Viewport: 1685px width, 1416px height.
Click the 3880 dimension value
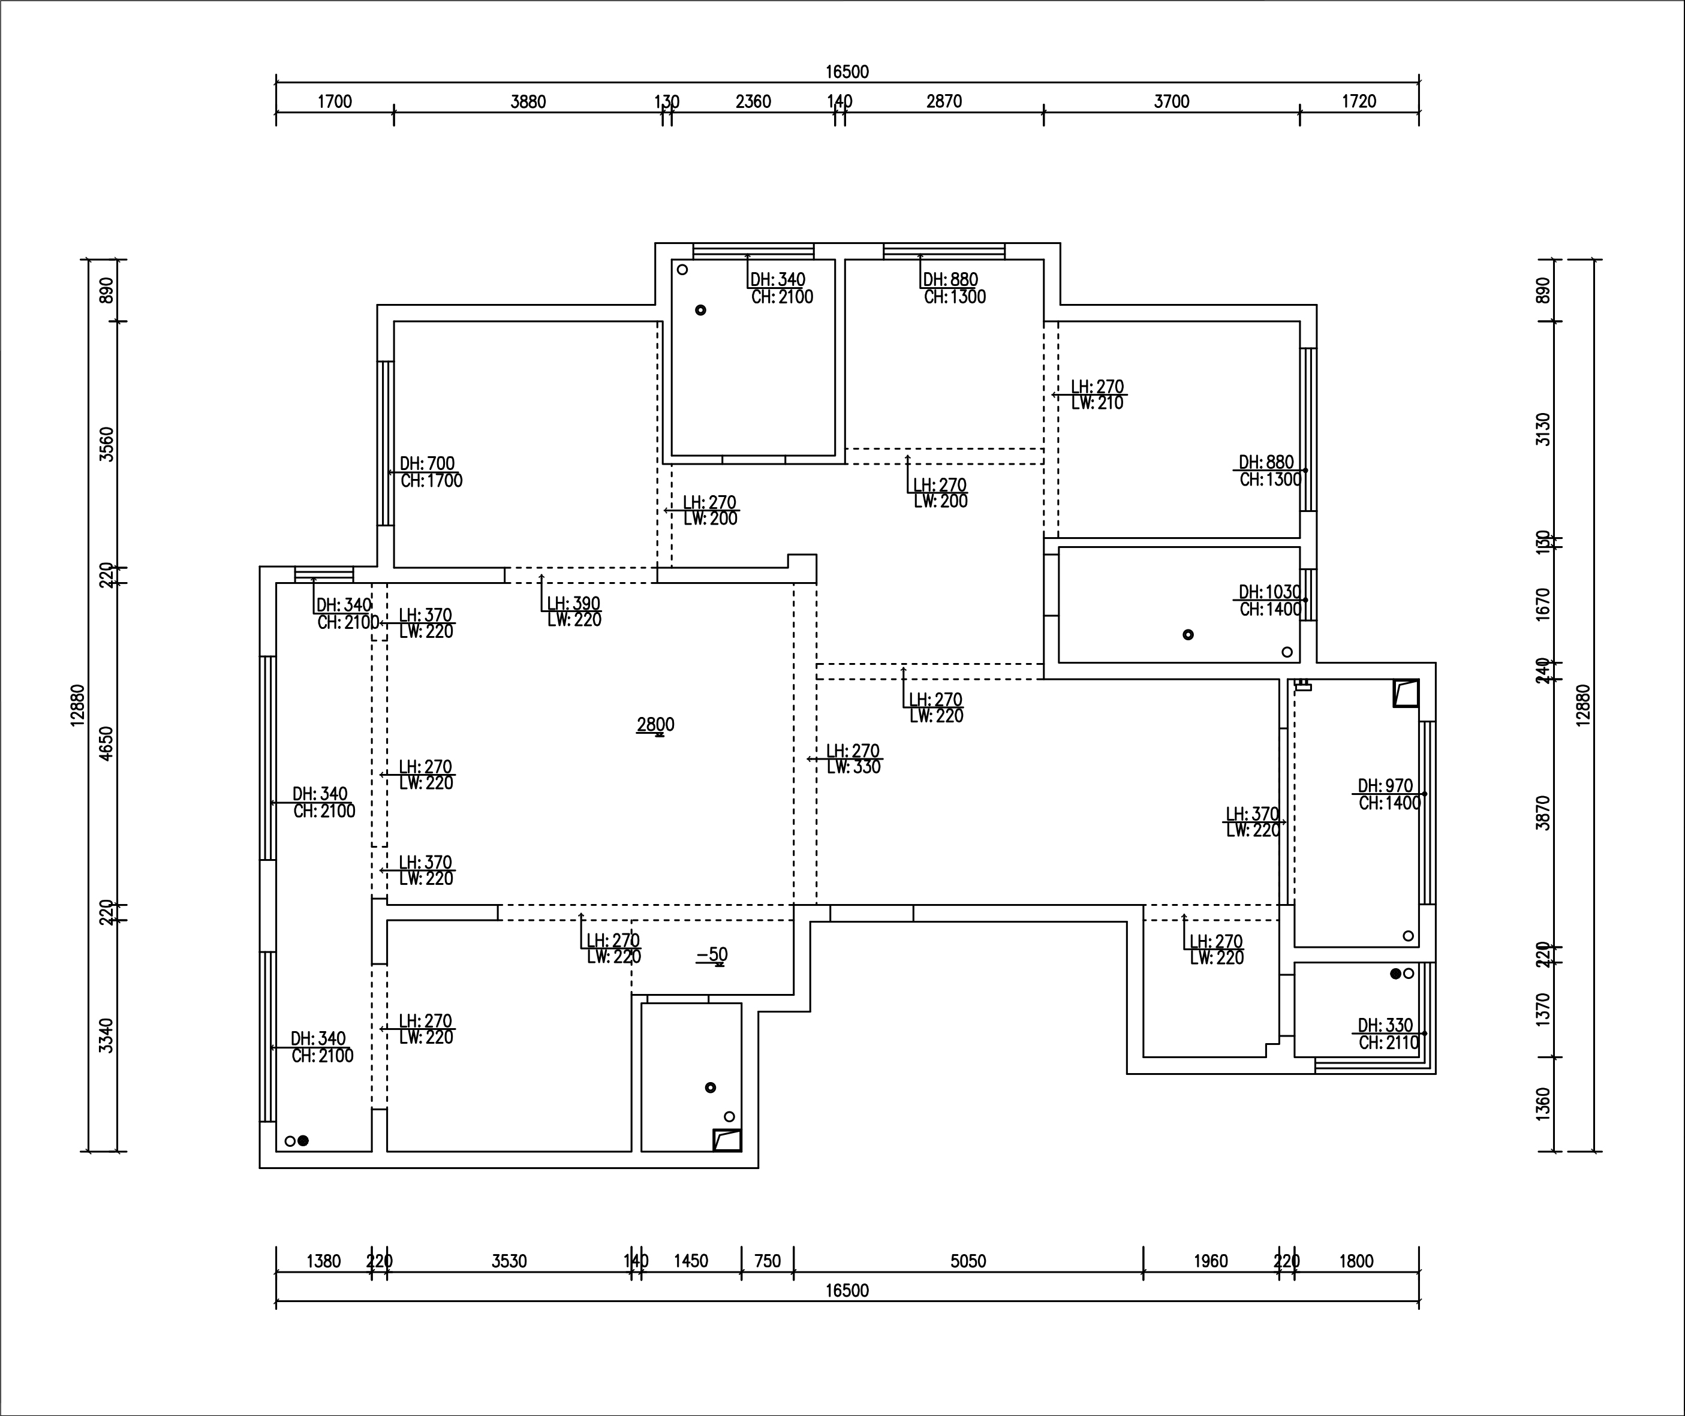pyautogui.click(x=528, y=102)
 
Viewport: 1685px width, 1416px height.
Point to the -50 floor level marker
pyautogui.click(x=712, y=954)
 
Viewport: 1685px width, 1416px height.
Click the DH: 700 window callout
pyautogui.click(x=427, y=464)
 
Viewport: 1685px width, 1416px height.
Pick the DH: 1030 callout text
pyautogui.click(x=1269, y=592)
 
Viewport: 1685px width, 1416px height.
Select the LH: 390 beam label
pyautogui.click(x=573, y=604)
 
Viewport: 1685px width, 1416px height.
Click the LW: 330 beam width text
pyautogui.click(x=854, y=767)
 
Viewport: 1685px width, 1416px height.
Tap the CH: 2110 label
pyautogui.click(x=1389, y=1043)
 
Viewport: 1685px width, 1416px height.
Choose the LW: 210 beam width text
pyautogui.click(x=1097, y=403)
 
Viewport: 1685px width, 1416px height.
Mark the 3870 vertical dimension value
pyautogui.click(x=1542, y=812)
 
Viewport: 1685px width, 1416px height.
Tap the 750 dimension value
pyautogui.click(x=768, y=1261)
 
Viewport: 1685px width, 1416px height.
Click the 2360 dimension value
pyautogui.click(x=753, y=102)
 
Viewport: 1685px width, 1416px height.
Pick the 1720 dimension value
pyautogui.click(x=1358, y=102)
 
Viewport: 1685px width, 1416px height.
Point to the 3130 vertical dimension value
pyautogui.click(x=1542, y=429)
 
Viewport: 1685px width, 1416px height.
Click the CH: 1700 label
pyautogui.click(x=431, y=481)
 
